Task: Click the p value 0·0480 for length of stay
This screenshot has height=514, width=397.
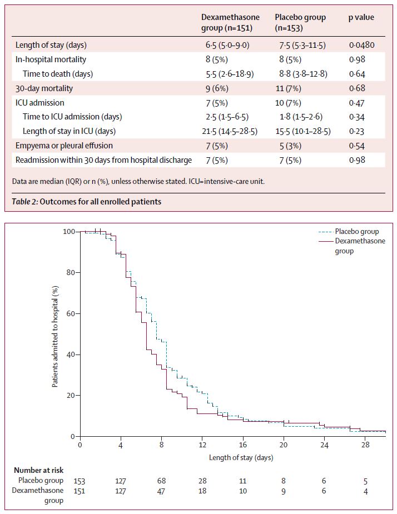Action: (x=362, y=45)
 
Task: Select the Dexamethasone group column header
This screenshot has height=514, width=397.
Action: (x=230, y=22)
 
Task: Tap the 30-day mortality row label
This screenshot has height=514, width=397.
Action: (x=44, y=88)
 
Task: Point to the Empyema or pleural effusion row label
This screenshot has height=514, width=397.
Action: (x=64, y=146)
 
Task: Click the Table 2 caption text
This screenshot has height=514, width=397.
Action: (x=87, y=202)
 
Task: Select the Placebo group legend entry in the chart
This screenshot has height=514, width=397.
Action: (x=357, y=232)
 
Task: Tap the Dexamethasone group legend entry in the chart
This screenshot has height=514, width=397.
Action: (x=360, y=246)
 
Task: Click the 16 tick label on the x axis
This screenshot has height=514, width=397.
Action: (x=243, y=446)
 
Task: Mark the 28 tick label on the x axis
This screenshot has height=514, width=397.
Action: (x=365, y=446)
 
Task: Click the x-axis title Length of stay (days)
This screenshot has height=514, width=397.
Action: (x=241, y=458)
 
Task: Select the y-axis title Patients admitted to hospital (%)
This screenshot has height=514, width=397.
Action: (x=56, y=333)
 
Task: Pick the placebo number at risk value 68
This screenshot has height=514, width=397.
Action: (x=161, y=481)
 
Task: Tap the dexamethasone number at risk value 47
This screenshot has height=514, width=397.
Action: (x=161, y=491)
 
